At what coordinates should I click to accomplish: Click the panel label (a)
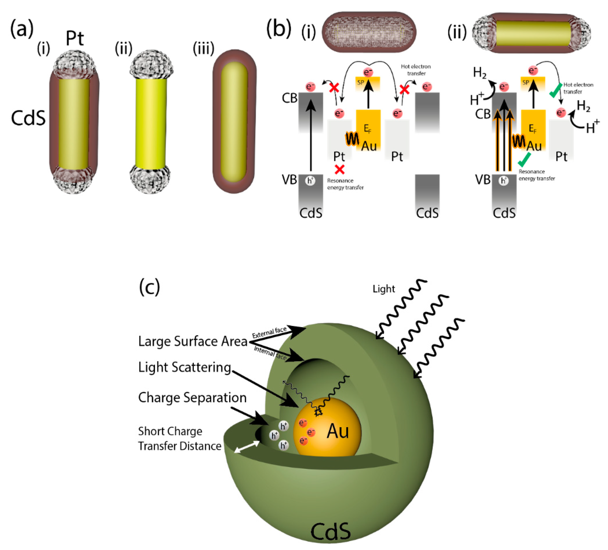[x=22, y=29]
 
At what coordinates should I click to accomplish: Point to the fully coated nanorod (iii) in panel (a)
[x=234, y=121]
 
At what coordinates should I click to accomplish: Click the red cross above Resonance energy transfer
[x=340, y=170]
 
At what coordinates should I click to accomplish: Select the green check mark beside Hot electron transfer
[x=555, y=90]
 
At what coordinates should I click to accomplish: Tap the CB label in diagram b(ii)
[x=483, y=114]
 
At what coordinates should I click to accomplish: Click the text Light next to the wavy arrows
[x=383, y=289]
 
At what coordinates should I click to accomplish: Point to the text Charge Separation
[x=192, y=398]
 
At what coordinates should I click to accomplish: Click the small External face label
[x=269, y=332]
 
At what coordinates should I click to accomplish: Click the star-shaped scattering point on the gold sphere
[x=318, y=412]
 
